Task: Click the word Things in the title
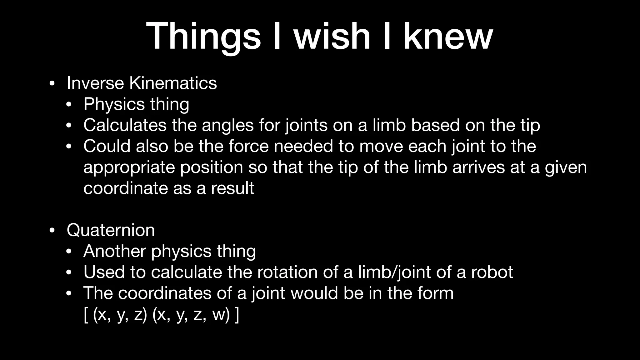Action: [203, 36]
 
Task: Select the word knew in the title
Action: [448, 36]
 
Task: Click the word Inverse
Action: [95, 83]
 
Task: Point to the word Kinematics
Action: [173, 83]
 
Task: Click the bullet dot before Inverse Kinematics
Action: [52, 84]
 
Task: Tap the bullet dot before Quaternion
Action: [52, 231]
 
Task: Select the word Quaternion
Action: [111, 230]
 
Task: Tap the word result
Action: [232, 188]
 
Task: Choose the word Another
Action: [115, 251]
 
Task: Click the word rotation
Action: [287, 272]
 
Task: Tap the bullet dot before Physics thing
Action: [69, 105]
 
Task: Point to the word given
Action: [566, 167]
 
